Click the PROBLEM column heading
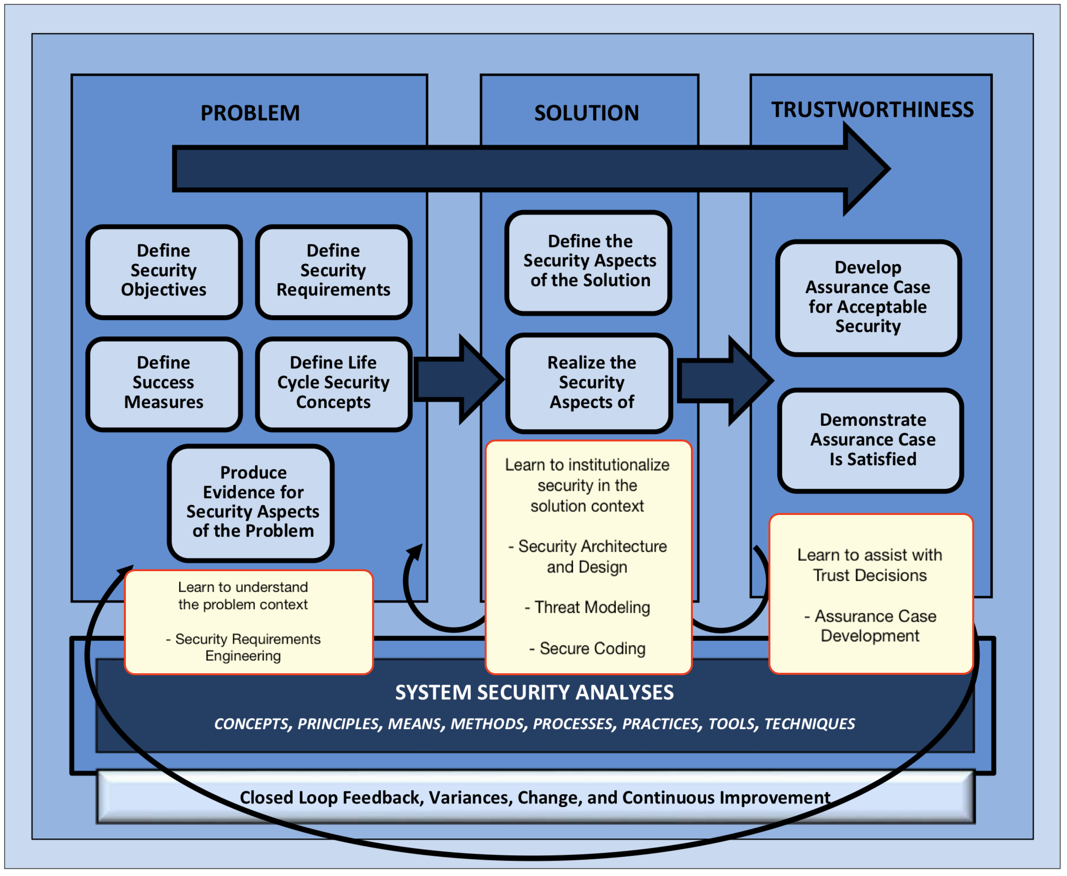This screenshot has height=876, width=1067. [250, 113]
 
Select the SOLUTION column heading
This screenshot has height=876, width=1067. [586, 113]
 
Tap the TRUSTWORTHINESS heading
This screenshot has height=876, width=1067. [872, 109]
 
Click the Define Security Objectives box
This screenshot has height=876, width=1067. [164, 271]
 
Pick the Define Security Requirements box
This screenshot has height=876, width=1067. [333, 271]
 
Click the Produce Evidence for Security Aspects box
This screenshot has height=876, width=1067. [251, 502]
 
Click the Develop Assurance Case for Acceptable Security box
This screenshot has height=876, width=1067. [868, 297]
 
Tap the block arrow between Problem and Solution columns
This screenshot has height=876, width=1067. [457, 379]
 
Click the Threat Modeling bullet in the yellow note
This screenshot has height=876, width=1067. [587, 607]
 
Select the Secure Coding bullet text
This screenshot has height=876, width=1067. [587, 649]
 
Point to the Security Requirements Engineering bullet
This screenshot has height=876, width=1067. [243, 648]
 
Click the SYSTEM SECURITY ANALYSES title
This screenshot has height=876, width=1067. [534, 693]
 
